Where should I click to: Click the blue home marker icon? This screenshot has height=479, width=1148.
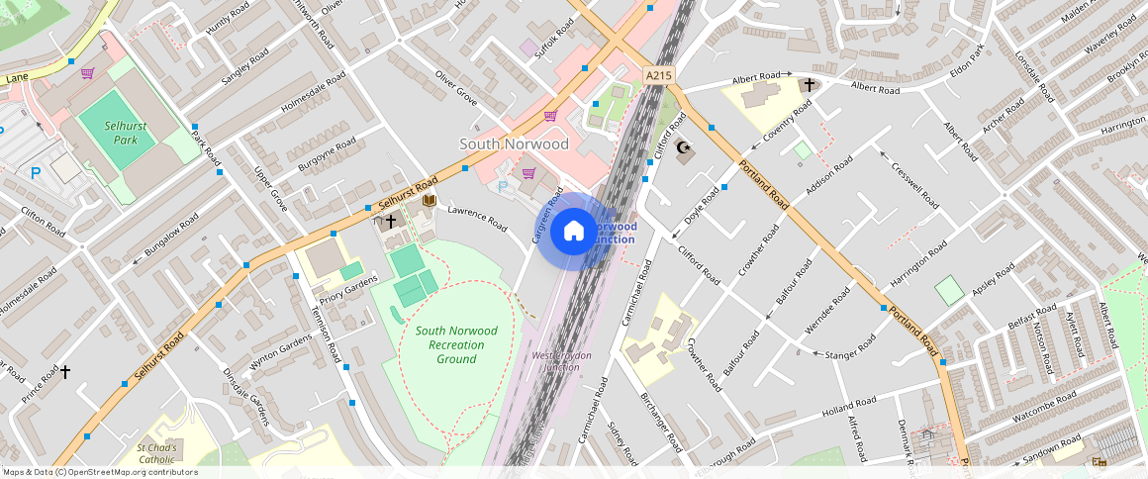pos(574,232)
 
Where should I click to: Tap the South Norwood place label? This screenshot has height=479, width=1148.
pos(514,144)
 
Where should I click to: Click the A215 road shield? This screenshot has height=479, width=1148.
pos(657,75)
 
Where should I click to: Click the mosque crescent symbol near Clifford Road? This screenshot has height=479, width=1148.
pos(682,148)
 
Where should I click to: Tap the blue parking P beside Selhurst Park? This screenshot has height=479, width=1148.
pos(36,173)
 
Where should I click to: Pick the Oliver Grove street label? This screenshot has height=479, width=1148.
pos(456,88)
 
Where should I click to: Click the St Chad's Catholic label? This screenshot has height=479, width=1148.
pos(156,453)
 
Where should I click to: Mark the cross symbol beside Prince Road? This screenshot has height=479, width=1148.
pos(65,372)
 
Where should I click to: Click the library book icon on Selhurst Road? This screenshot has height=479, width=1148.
pos(429,201)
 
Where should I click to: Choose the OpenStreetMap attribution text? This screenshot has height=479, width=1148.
pos(99,472)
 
